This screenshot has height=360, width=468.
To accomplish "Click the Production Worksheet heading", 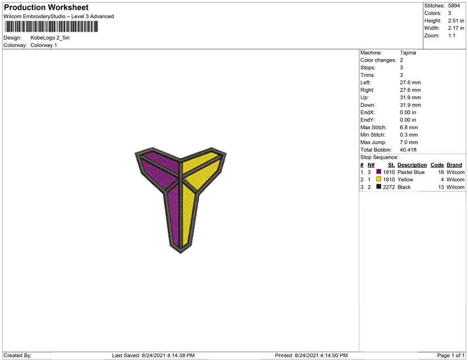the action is coord(47,7).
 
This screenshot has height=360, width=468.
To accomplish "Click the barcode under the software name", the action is coord(51,27).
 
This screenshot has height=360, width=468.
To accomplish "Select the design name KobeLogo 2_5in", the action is coord(50,38).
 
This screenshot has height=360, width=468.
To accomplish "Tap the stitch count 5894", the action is coord(454,6).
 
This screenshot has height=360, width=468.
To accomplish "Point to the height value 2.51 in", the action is coord(456,20).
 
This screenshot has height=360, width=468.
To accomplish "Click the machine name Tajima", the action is coord(408,53).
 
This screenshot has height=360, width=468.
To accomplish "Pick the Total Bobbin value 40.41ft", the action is coord(408,150).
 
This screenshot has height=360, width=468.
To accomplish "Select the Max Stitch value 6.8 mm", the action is coord(408,128).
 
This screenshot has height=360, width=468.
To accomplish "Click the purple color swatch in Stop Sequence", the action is coord(379,172).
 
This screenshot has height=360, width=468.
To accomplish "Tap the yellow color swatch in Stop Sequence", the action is coord(379,179).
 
